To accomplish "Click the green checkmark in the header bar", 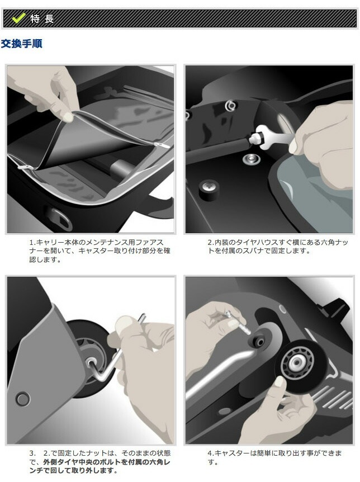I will click(19, 18).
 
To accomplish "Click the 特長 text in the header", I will click(42, 18).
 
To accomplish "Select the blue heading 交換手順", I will click(22, 43).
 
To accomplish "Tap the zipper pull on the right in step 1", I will click(163, 144).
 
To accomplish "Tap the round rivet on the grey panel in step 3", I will click(22, 399).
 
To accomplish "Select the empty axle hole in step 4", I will click(259, 342).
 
